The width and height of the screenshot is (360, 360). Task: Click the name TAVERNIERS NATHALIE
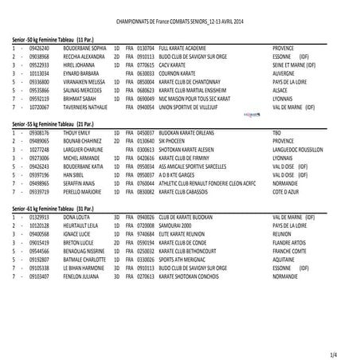tap(84, 104)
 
